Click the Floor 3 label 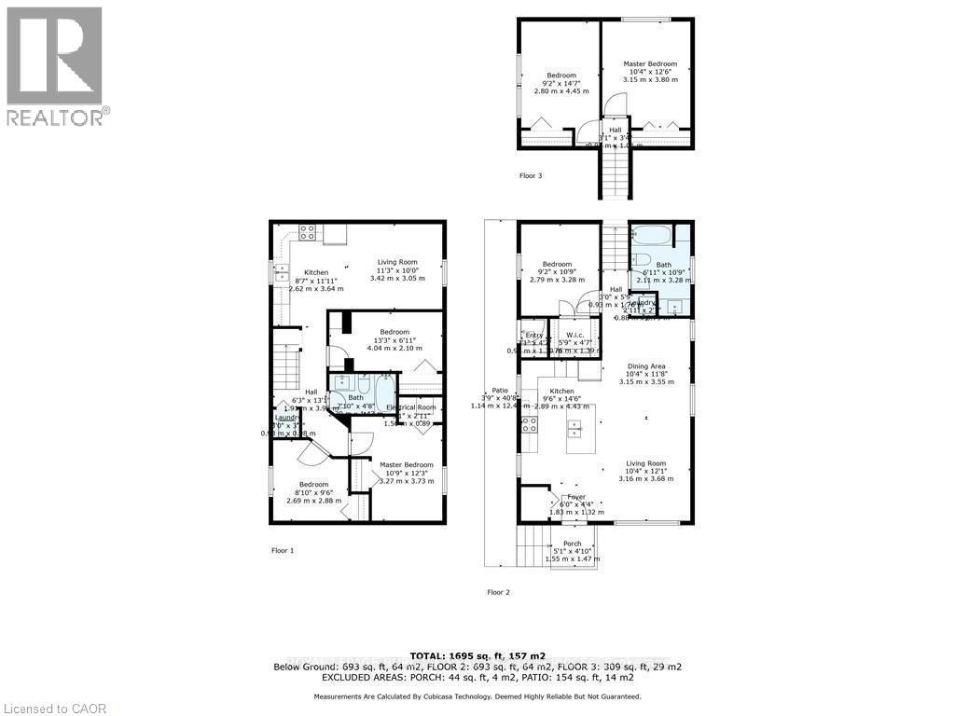point(532,175)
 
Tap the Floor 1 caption point(283,551)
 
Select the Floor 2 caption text point(499,592)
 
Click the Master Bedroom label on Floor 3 point(650,64)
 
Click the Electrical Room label point(412,407)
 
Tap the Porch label point(572,544)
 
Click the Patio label point(500,391)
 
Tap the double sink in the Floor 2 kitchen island point(574,430)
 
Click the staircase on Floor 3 point(616,172)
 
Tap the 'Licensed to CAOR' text point(54,709)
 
